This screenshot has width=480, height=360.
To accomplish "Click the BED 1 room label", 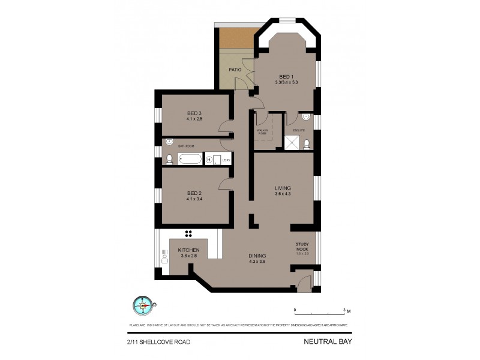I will pos(285,76).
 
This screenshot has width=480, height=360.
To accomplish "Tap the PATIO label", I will pos(236,70).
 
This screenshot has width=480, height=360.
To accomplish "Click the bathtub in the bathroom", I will pos(190,160).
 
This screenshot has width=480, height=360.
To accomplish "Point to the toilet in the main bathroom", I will pos(169,159).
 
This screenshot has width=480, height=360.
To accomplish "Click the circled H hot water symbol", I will pos(209,160).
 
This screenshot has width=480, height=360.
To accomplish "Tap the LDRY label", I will pos(226,160).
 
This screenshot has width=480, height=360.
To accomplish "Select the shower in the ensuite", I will pos(292,142).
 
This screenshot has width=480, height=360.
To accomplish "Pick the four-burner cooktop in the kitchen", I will pos(188,234).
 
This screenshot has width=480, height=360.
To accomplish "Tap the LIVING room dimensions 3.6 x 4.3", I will pos(283,194).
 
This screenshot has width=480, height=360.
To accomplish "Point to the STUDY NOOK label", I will pos(302,247).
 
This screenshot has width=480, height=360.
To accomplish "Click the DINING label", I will pos(257,256).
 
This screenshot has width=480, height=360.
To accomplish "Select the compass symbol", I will pos(143,305).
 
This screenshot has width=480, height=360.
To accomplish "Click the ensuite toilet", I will pos(307,143).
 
